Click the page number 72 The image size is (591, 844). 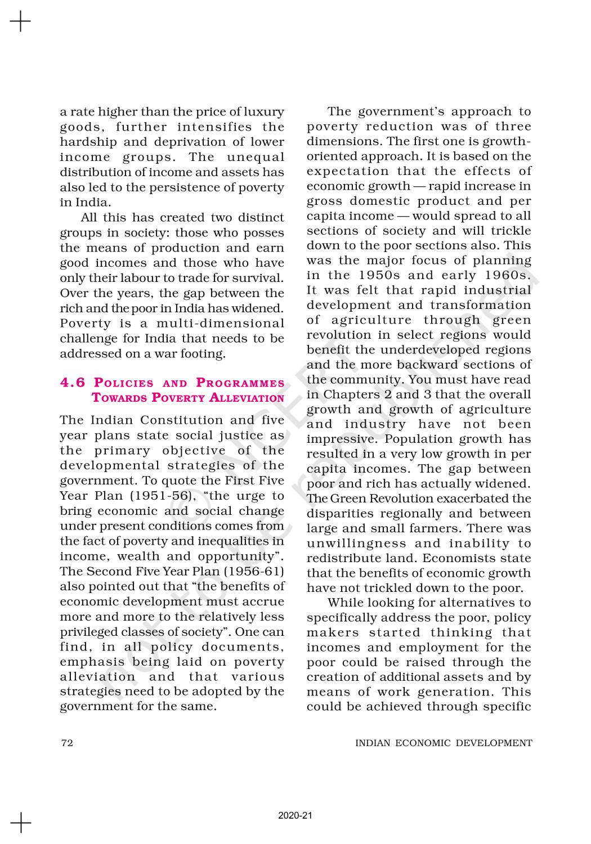click(x=66, y=743)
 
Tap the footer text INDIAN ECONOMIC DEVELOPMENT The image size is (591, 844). click(x=444, y=743)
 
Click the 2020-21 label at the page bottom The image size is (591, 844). click(x=295, y=815)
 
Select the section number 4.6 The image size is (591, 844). click(x=73, y=383)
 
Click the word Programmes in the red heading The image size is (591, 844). click(x=240, y=383)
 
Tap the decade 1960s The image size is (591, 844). click(x=508, y=275)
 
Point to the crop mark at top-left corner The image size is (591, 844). click(x=20, y=22)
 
